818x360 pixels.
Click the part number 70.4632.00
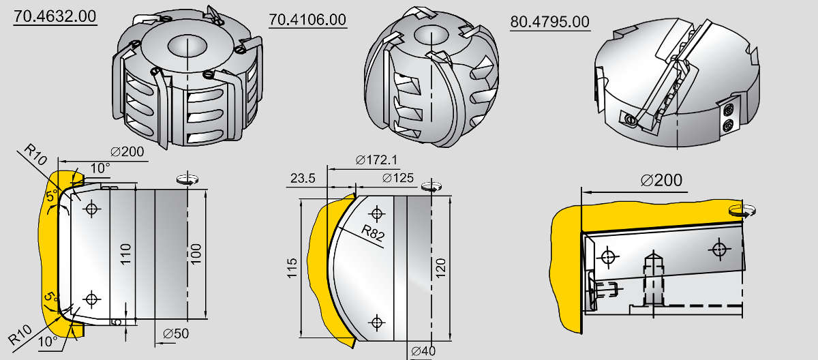tap(55, 16)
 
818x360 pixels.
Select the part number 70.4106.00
tap(307, 20)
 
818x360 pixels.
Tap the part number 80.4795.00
tap(550, 22)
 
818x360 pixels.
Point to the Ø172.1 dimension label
tap(376, 160)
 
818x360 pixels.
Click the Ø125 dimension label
tap(398, 178)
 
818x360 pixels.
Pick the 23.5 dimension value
tap(303, 178)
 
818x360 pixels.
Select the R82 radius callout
tap(373, 233)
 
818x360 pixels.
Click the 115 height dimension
tap(292, 269)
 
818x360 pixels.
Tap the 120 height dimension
tap(441, 268)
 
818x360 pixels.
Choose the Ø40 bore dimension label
tap(423, 351)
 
